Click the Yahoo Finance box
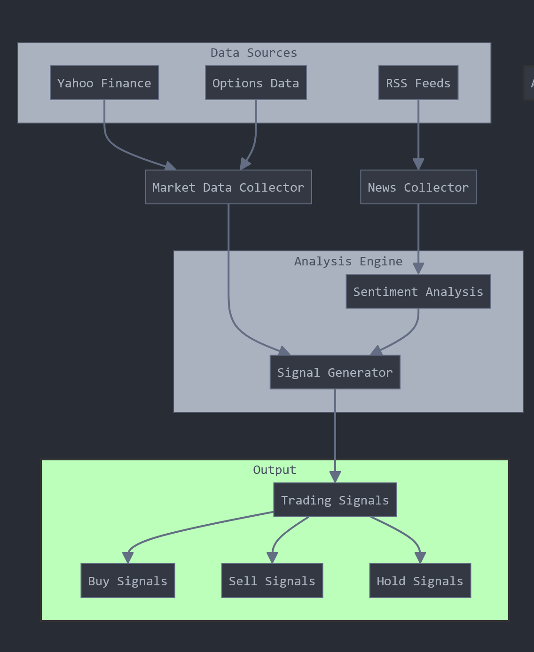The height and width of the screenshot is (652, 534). [x=104, y=83]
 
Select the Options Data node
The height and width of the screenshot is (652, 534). [x=256, y=83]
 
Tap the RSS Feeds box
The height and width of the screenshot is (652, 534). [x=418, y=83]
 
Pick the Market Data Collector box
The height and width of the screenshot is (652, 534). [x=228, y=187]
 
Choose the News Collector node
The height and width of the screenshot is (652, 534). [x=418, y=187]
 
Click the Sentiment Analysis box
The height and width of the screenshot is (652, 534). [x=418, y=291]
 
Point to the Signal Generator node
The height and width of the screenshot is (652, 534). [x=335, y=372]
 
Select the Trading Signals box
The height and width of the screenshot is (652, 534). [x=335, y=500]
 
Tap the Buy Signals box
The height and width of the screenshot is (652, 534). [x=128, y=581]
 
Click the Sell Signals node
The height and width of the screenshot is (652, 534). [x=272, y=581]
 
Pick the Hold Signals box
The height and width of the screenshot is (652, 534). [x=420, y=581]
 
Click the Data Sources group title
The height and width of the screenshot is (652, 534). [x=254, y=53]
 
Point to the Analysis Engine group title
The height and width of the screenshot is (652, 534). [x=348, y=261]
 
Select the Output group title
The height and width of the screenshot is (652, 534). [x=275, y=470]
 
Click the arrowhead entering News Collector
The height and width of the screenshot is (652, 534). [x=418, y=164]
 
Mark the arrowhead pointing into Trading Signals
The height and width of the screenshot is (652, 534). [x=335, y=477]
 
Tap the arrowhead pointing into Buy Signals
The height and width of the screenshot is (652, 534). [x=128, y=558]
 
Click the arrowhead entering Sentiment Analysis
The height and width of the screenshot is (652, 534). [x=418, y=269]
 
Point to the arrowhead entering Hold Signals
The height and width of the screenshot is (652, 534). [x=420, y=558]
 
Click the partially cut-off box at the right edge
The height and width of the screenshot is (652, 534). [x=529, y=83]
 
